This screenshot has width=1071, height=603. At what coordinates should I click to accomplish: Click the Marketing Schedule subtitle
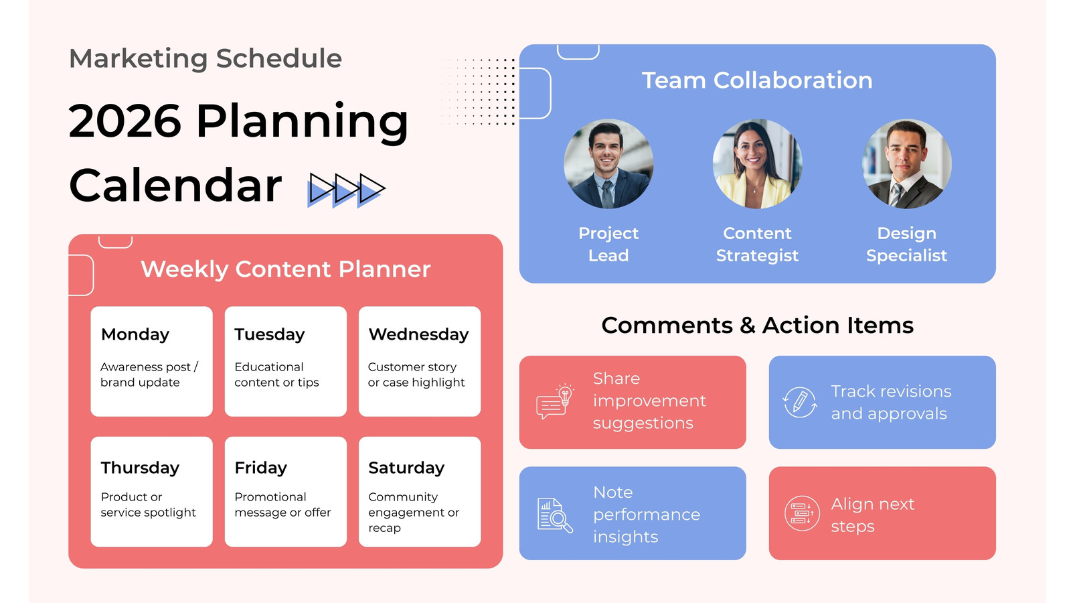click(205, 59)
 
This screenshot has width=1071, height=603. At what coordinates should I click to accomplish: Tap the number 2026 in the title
click(125, 121)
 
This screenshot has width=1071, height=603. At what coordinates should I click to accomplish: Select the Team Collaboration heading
click(757, 80)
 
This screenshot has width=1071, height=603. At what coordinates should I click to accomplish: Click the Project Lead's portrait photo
click(608, 163)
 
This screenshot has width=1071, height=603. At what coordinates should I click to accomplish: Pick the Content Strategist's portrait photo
click(757, 163)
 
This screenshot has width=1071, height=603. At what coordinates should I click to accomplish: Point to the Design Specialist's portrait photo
click(906, 163)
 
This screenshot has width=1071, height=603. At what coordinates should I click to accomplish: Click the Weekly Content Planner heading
click(285, 269)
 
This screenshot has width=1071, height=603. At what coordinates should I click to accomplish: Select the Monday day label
click(135, 334)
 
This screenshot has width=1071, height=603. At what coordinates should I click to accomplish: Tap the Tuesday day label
click(270, 334)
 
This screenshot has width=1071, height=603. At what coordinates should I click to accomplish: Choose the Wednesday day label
click(418, 334)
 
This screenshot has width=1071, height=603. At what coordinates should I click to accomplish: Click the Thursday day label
click(140, 468)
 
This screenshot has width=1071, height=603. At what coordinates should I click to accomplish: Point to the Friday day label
click(260, 468)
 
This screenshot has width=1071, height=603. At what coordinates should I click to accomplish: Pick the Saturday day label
click(406, 468)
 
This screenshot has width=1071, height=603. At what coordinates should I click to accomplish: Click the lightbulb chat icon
click(555, 401)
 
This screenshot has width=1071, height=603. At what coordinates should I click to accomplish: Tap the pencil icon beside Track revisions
click(800, 402)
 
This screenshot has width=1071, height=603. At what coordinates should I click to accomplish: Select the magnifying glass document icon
click(555, 515)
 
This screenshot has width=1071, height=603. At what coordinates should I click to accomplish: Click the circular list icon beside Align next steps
click(802, 513)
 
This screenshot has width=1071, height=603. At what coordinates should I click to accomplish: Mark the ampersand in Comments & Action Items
click(747, 326)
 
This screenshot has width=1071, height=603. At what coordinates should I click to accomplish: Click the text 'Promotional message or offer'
click(282, 505)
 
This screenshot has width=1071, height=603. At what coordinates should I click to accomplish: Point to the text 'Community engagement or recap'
click(414, 512)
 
